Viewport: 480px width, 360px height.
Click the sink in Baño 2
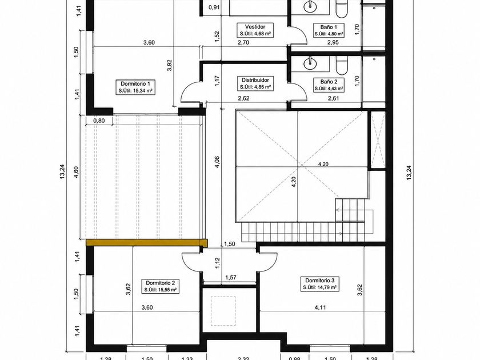tap(310, 63)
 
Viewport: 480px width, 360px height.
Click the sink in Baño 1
tap(310, 6)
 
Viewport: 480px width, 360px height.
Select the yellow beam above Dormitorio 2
tap(147, 242)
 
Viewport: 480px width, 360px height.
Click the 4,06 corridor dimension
tap(217, 162)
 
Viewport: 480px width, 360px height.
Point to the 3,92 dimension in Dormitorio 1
tap(170, 65)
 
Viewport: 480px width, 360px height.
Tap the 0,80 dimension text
tap(99, 121)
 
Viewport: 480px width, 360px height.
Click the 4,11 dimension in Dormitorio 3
tap(320, 307)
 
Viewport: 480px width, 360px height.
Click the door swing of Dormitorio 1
tap(190, 93)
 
